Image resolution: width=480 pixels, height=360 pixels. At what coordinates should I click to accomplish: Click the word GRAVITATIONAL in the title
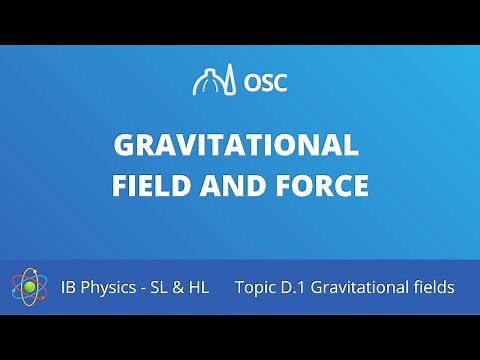236,146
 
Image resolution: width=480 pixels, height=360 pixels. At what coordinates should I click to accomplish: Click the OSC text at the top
265,82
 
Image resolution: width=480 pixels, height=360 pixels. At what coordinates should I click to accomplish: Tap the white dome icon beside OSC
214,80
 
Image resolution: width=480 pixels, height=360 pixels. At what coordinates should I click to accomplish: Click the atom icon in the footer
31,287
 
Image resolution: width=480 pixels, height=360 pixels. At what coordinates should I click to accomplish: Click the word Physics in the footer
112,288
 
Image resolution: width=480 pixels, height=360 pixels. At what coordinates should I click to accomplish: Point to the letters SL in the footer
164,287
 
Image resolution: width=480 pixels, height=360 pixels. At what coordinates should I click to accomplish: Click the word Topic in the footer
258,288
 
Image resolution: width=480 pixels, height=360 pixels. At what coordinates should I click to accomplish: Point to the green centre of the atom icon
30,288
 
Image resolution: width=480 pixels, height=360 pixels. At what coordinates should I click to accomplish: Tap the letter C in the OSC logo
279,82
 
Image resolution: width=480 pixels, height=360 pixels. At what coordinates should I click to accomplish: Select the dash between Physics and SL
146,288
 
